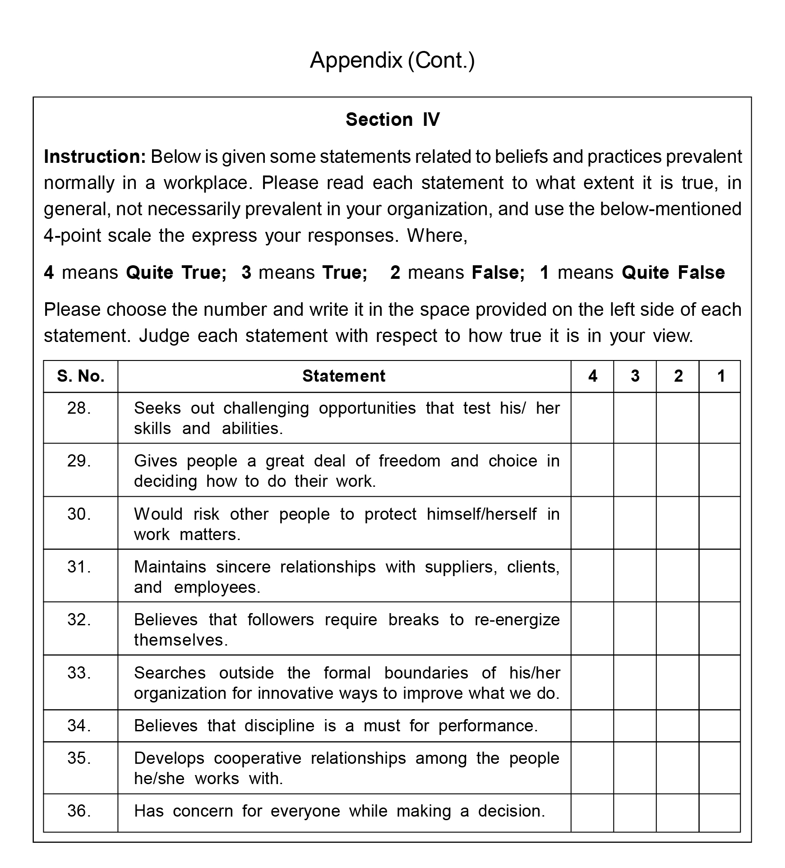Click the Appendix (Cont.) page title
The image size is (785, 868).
click(392, 60)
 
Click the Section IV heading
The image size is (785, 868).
click(392, 120)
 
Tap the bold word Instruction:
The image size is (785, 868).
click(95, 157)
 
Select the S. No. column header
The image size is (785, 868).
click(81, 376)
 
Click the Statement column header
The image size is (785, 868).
click(344, 376)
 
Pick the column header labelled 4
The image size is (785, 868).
click(592, 376)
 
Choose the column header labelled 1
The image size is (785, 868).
click(720, 376)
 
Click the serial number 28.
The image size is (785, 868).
click(79, 408)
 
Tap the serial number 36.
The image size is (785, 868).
click(79, 811)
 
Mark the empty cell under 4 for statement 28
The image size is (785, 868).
click(592, 418)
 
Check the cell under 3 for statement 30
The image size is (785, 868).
click(635, 523)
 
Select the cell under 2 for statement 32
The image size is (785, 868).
click(678, 628)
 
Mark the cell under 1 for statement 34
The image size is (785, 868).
click(720, 726)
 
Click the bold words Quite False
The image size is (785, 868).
click(673, 272)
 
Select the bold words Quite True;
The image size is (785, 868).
click(176, 272)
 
